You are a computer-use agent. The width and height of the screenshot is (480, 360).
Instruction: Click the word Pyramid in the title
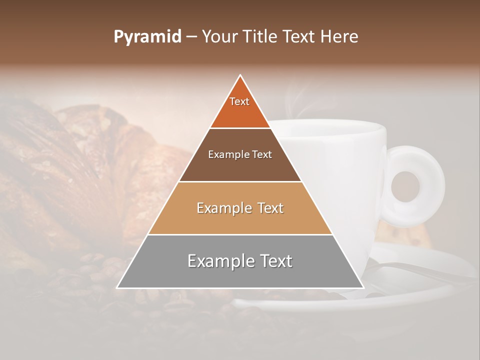point(147,37)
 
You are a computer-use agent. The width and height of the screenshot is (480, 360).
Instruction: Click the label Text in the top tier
point(239,101)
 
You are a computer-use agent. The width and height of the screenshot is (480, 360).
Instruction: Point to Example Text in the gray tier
point(240,261)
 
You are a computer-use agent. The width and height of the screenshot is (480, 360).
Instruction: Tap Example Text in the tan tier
point(240,208)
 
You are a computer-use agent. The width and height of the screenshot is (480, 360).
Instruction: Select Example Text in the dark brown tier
point(240,154)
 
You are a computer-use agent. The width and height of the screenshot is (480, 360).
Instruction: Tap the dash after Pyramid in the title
point(191,37)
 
